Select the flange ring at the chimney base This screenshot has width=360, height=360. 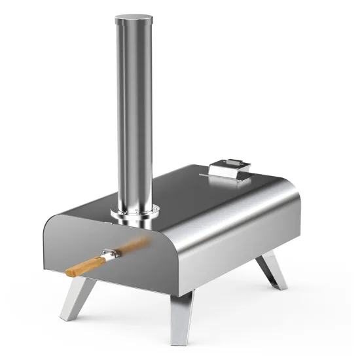coord(135,213)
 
